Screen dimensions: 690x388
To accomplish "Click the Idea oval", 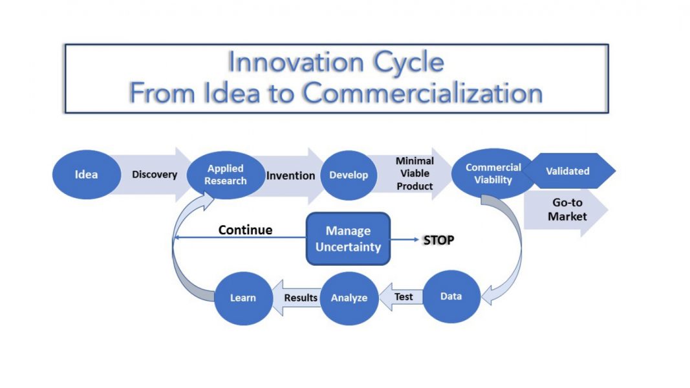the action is coord(86,175).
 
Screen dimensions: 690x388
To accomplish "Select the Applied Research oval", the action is coord(226,175).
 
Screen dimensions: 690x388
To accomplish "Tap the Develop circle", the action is coord(349,175).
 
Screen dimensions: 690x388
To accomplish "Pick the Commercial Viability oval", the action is coord(493,173).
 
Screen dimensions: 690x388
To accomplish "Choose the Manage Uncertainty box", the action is coord(348,239).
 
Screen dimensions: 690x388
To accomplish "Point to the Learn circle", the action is coord(243,298).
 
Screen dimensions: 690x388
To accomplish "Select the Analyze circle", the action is coord(349,298).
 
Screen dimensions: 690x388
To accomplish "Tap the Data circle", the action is coord(451,297).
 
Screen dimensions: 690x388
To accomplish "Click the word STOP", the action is coord(438,240).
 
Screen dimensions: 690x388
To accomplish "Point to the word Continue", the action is coord(245,230).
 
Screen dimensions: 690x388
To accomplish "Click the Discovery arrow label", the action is coord(155,175).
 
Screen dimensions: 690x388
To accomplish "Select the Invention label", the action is coord(290,175).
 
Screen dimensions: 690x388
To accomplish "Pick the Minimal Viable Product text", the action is coord(415,173).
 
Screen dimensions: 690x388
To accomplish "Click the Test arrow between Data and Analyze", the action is coord(401,297).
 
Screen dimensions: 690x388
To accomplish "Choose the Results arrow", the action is coord(297,298).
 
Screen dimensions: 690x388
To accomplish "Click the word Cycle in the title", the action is coord(408,62).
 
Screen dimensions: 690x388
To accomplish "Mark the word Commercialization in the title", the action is coord(422,93).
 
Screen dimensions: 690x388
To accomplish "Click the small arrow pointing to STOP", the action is coord(404,240).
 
